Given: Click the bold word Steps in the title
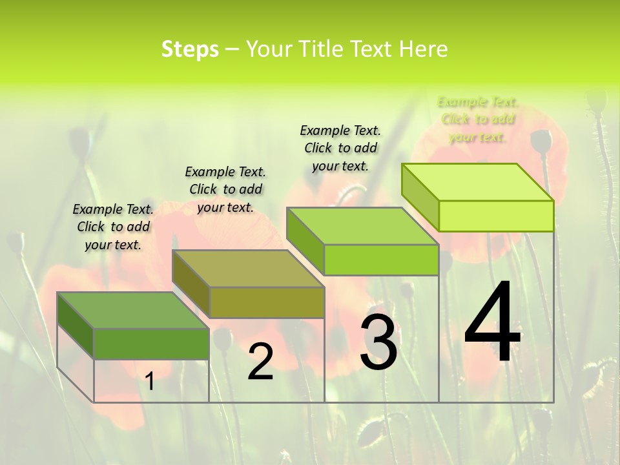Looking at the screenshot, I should pos(190,49).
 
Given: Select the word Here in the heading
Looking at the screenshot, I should pos(423,49).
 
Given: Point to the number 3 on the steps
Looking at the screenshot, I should pos(378,342).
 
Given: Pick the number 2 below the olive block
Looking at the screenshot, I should pos(260,361).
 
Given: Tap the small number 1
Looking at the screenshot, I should pos(150,382).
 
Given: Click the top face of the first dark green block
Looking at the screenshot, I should pos(132,310).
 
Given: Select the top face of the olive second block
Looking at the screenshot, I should pos(247,268).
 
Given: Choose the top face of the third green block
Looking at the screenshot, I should pos(362,226).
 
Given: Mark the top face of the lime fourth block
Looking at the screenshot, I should pos(477,182).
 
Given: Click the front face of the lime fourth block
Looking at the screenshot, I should pos(496,216).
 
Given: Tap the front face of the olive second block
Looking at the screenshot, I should pos(267,302).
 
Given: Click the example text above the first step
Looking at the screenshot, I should pos(113,227).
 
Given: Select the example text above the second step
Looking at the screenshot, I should pos(225,189).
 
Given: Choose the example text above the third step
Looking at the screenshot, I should pos(340,148).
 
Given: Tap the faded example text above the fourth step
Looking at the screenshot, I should pos(477,119).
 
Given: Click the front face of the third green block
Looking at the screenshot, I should pos(381,260).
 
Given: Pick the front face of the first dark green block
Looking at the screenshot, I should pos(151,344).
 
